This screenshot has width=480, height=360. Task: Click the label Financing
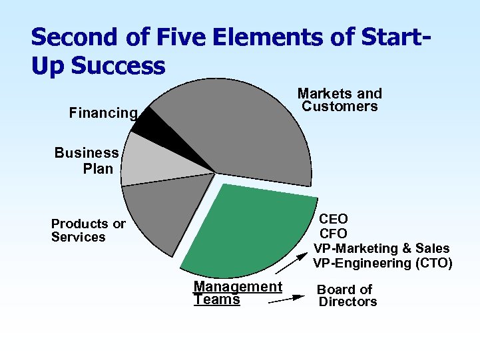coord(103,113)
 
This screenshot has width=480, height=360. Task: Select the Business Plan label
coord(87,160)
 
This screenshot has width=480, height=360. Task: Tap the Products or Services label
coord(88,230)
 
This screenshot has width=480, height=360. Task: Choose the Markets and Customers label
coord(340,100)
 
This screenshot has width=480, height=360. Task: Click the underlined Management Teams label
coord(237,293)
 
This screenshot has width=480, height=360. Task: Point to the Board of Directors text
coord(347,295)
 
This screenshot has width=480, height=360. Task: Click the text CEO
coord(334,219)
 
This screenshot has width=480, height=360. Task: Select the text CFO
coord(334,234)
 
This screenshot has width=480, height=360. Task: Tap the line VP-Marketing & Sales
coord(382,248)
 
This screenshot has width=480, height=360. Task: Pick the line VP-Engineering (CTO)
coord(382,263)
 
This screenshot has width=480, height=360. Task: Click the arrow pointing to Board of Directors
coord(286,300)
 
